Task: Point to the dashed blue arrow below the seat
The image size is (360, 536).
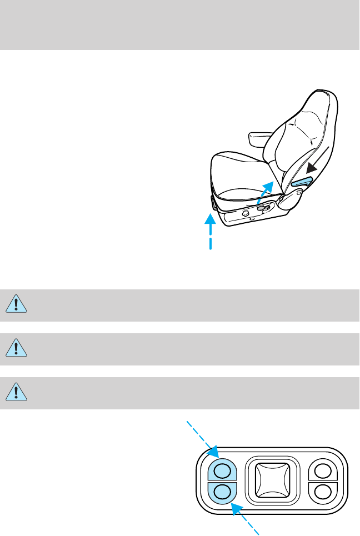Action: [x=211, y=231]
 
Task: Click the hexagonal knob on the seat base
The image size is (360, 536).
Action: [x=245, y=213]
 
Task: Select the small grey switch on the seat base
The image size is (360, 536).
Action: [x=265, y=209]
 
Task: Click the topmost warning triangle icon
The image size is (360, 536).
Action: [x=17, y=304]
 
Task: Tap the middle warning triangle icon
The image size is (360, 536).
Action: [x=17, y=348]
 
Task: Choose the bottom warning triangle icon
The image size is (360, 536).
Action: [x=17, y=392]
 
